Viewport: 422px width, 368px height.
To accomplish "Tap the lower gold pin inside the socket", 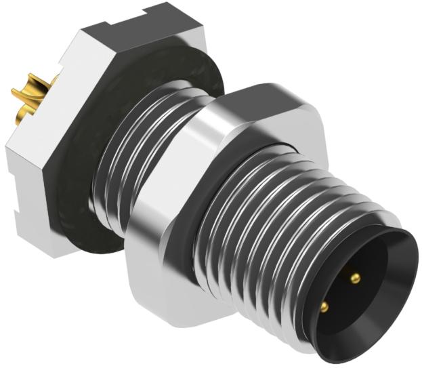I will click(324, 307).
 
